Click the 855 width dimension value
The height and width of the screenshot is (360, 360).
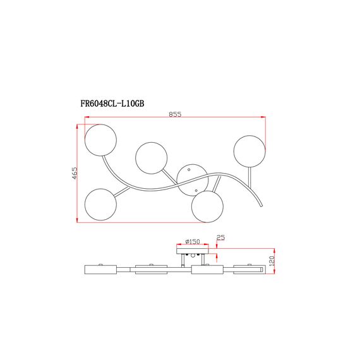[x=175, y=114]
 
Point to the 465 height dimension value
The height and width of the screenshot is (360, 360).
[x=74, y=174]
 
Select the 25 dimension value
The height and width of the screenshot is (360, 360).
[x=220, y=237]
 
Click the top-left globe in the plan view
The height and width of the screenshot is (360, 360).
[x=100, y=140]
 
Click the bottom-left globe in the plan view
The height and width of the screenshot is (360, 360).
[x=100, y=203]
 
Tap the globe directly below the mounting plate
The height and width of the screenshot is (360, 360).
[x=208, y=207]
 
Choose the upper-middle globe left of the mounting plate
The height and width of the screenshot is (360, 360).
[x=152, y=158]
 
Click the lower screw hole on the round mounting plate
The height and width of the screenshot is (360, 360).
[x=198, y=189]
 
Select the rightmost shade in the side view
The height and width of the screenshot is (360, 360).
[x=249, y=270]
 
